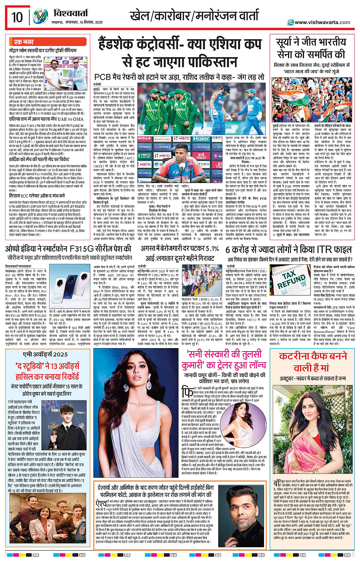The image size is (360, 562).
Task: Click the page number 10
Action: (x=17, y=17)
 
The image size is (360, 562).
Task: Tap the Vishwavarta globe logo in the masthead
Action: (x=40, y=17)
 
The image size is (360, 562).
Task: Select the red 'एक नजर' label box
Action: (x=24, y=42)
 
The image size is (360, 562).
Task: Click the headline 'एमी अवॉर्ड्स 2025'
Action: (x=45, y=354)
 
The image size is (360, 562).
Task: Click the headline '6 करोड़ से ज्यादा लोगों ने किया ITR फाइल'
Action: (x=288, y=249)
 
